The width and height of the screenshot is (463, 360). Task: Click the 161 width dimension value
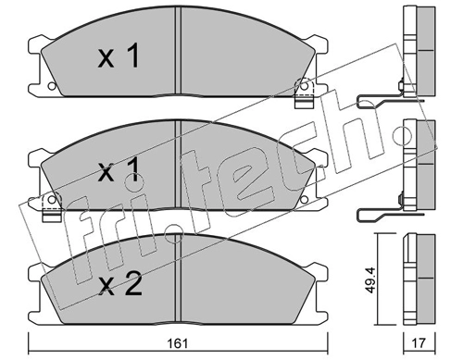click(178, 343)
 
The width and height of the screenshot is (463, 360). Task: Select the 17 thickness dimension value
click(419, 343)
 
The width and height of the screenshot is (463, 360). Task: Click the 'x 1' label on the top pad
click(119, 56)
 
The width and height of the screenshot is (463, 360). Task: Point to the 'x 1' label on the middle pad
click(119, 171)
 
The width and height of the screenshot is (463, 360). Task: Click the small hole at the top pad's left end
click(52, 86)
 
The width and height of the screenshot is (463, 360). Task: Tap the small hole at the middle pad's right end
click(305, 200)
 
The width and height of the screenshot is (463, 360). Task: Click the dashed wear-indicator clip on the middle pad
click(52, 207)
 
